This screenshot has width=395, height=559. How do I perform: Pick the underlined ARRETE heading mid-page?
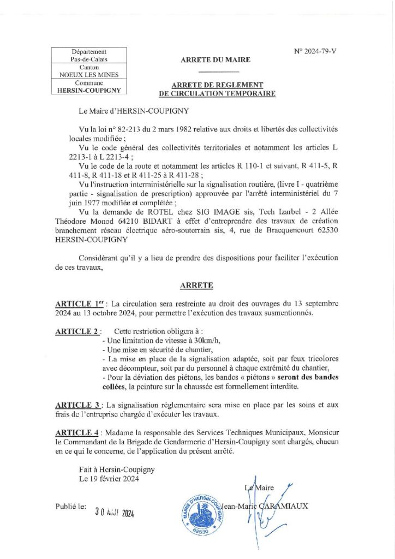[x=196, y=286]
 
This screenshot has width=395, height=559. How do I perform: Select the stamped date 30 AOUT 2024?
[x=114, y=513]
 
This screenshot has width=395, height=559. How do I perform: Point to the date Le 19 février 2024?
[x=109, y=479]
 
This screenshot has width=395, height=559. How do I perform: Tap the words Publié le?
[x=71, y=507]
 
